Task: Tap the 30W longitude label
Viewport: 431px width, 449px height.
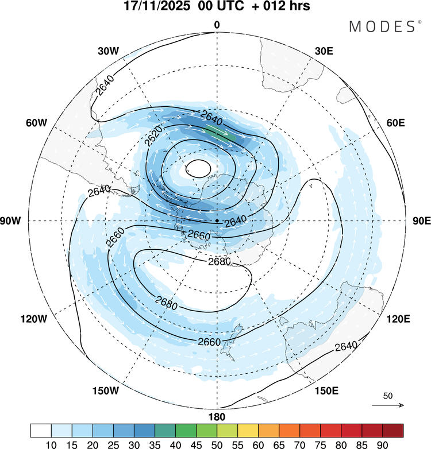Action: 108,51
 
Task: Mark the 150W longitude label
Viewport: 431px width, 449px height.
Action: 105,391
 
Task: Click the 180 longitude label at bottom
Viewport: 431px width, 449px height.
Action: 217,417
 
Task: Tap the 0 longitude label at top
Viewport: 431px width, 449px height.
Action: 217,25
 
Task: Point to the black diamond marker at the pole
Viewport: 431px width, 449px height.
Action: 217,221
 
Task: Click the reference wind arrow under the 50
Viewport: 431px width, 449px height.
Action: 388,405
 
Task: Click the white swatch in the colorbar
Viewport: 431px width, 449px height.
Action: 41,430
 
